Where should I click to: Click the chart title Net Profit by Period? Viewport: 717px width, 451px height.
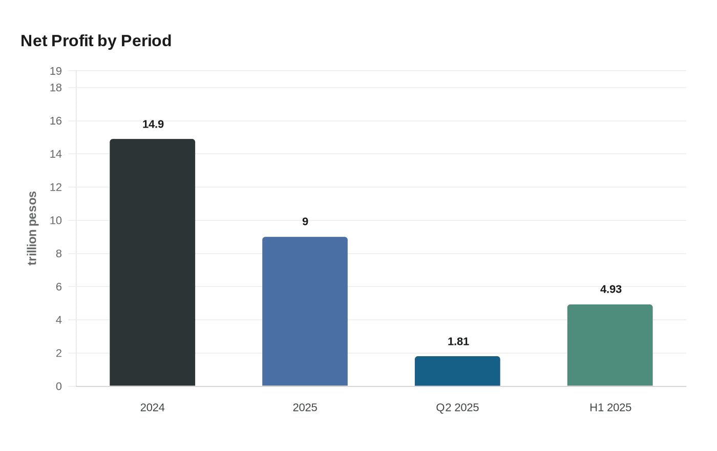[96, 40]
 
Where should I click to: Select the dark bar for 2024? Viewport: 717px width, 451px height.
[152, 262]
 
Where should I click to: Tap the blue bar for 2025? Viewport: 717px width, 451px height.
[305, 311]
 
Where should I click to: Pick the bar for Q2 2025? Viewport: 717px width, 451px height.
[457, 371]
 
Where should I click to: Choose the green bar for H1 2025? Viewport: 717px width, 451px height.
[610, 345]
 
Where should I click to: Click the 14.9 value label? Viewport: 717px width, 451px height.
[153, 124]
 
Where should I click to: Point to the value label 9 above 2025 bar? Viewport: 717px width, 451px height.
[305, 221]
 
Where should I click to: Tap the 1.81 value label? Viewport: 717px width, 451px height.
[458, 341]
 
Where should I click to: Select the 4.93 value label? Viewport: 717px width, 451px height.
[610, 289]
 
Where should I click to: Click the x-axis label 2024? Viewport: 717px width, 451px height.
[152, 407]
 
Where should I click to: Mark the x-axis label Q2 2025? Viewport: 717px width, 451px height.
[457, 407]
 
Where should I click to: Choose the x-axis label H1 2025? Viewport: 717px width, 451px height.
[610, 407]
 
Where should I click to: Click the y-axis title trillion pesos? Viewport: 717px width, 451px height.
[32, 228]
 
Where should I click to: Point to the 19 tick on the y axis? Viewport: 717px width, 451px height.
[56, 71]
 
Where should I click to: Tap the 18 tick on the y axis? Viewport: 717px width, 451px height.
[56, 88]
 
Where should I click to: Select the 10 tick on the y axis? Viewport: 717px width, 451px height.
[56, 220]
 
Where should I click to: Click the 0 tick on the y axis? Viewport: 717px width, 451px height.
[58, 386]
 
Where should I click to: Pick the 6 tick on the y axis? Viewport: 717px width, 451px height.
[58, 286]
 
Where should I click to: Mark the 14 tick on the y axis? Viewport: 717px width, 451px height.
[56, 154]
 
